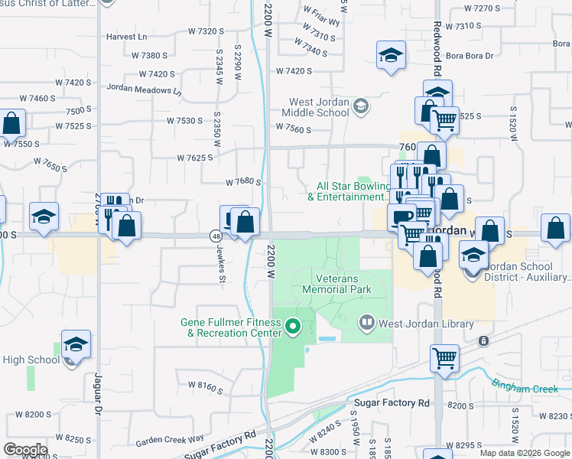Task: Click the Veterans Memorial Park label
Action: pos(336,284)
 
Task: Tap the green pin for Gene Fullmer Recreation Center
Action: pos(291,328)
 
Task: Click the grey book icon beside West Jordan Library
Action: pos(368,324)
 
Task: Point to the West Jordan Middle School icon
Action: pos(359,106)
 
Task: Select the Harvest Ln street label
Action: pos(127,36)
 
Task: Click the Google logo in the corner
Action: pos(24,450)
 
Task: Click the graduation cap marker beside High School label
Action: pos(76,345)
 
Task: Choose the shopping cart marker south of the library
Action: pos(444,357)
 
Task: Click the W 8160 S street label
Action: pos(200,388)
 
